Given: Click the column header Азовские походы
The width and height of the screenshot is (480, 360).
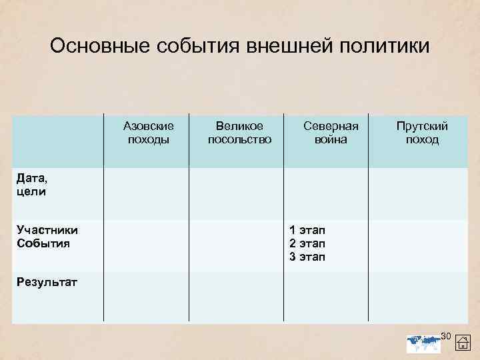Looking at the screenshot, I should (x=149, y=133).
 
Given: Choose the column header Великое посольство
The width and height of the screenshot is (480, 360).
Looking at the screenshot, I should (x=239, y=133).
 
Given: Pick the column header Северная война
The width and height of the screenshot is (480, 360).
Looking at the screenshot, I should (x=331, y=133).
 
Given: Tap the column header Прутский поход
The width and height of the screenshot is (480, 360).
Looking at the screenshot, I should (x=422, y=133).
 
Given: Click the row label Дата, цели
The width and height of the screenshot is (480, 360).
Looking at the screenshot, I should (x=31, y=185).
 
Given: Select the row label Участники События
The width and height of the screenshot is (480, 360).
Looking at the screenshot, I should (x=47, y=236).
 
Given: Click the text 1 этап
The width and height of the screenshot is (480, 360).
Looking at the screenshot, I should (x=307, y=229).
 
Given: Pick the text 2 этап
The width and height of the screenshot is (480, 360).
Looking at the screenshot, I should (x=307, y=243).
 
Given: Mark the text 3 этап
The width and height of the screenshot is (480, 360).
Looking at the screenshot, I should (x=307, y=257).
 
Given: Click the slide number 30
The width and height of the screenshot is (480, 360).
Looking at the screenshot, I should (x=447, y=334).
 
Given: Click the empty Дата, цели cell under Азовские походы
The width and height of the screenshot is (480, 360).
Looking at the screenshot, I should (x=146, y=193).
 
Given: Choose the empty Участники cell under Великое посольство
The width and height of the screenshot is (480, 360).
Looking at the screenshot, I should (x=237, y=245).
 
